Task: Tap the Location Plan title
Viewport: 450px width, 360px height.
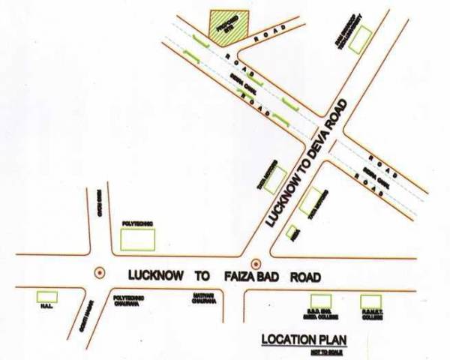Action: pyautogui.click(x=299, y=339)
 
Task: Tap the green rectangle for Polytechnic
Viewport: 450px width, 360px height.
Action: pyautogui.click(x=138, y=240)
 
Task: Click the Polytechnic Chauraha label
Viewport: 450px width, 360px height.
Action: pyautogui.click(x=128, y=300)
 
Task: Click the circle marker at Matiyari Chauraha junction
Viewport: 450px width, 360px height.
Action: pyautogui.click(x=255, y=263)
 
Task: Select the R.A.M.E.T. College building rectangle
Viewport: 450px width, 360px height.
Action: pyautogui.click(x=370, y=301)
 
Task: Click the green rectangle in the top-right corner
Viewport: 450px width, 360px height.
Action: pyautogui.click(x=360, y=40)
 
